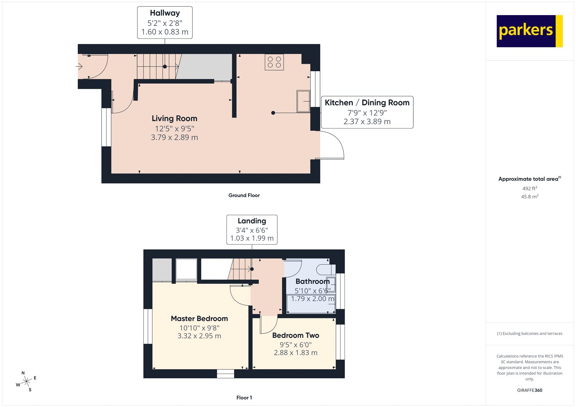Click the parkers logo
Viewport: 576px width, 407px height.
[x=529, y=31]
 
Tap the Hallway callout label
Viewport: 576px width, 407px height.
[x=165, y=22]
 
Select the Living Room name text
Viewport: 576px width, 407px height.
[x=174, y=118]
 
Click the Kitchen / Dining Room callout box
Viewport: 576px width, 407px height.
[x=367, y=112]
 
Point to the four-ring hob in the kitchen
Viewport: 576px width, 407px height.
[x=274, y=62]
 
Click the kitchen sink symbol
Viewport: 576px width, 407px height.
[x=303, y=101]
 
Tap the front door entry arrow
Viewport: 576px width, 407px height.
[x=80, y=66]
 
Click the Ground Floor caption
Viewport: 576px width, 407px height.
[x=244, y=195]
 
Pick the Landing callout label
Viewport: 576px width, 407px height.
[x=252, y=230]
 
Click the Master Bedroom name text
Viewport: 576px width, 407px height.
[x=199, y=318]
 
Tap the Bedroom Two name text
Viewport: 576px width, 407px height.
[x=296, y=335]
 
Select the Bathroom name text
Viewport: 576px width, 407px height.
[x=312, y=281]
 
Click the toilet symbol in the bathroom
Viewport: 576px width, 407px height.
[x=326, y=269]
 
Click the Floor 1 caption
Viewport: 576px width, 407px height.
[x=244, y=398]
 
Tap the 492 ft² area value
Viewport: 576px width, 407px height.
[x=530, y=188]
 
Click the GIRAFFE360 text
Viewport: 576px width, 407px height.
[x=530, y=390]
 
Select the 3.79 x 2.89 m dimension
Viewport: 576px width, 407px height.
[x=174, y=137]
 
